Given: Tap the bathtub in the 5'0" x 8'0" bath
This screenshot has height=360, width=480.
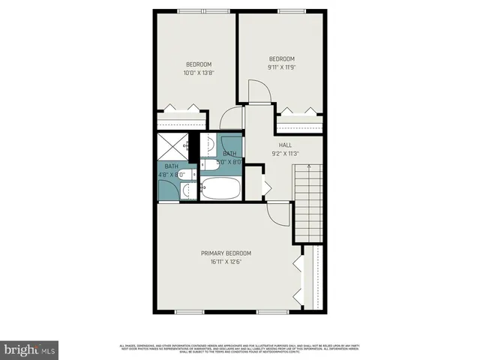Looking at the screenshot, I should tap(220, 188).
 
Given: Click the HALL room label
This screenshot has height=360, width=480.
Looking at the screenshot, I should tap(284, 145).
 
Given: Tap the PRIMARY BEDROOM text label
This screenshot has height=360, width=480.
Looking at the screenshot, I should tap(226, 253).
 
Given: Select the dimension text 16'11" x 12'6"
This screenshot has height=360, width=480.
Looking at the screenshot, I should tap(226, 262).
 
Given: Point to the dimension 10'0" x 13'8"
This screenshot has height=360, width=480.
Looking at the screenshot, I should tap(199, 73).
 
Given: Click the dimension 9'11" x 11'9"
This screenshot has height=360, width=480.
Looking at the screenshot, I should tap(281, 67).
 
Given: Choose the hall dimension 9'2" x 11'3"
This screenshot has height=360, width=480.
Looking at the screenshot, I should tap(284, 154).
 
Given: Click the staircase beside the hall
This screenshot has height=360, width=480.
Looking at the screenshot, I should tap(309, 199).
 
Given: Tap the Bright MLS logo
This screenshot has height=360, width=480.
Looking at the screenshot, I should tap(29, 349).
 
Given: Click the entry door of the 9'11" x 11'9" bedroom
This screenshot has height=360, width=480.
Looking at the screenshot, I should tap(259, 93).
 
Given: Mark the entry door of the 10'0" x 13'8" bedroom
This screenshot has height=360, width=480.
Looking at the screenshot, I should tap(232, 119).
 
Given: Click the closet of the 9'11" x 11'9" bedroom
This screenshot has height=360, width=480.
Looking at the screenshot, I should tap(298, 121).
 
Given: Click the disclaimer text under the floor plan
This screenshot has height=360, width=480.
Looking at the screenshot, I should tap(240, 346).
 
